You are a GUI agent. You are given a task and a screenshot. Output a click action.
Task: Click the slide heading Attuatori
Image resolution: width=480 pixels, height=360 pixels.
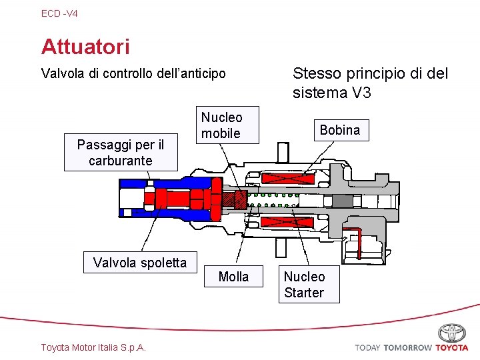coord(85,47)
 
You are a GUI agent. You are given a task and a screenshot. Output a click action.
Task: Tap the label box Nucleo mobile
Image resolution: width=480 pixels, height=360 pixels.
coord(221,125)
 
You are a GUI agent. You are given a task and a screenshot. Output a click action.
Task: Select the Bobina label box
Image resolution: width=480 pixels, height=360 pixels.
coord(339,131)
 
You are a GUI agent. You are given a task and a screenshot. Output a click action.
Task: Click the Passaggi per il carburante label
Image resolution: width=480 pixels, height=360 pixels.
coord(121,152)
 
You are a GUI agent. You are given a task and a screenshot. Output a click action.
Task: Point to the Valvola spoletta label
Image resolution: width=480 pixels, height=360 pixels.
coord(140,263)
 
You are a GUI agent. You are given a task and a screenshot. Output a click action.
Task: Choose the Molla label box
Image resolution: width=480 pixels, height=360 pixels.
coord(233,277)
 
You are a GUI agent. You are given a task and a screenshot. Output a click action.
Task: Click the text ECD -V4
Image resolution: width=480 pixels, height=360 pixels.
coord(59,13)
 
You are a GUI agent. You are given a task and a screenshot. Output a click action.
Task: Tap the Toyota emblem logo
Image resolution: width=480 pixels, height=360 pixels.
coord(452,333)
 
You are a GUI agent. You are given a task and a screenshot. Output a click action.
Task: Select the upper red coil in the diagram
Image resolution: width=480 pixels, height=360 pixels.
coord(288,177)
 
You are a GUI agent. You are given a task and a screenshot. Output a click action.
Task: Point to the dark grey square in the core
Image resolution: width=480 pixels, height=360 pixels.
coord(342,201)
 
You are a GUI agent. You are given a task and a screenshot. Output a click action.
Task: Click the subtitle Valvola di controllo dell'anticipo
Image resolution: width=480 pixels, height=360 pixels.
coord(133,73)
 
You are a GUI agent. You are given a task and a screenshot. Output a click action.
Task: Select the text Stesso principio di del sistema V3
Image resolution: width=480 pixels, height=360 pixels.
coord(370,83)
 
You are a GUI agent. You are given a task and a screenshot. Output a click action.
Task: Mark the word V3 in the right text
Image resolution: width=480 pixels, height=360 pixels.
coord(361,93)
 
